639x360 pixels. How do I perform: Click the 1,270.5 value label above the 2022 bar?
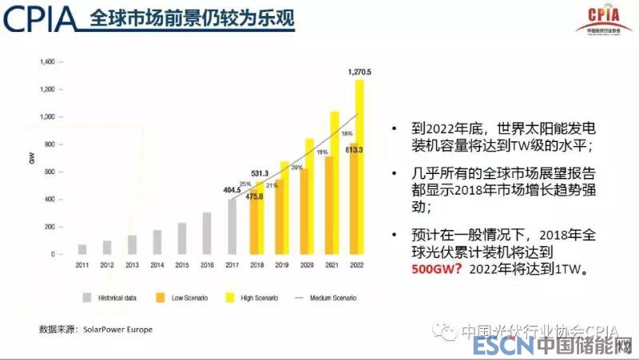click(x=359, y=72)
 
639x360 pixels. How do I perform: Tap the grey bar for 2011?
click(x=82, y=249)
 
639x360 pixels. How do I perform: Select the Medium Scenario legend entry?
click(x=326, y=298)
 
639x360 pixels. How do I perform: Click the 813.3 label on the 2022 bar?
click(x=355, y=149)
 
